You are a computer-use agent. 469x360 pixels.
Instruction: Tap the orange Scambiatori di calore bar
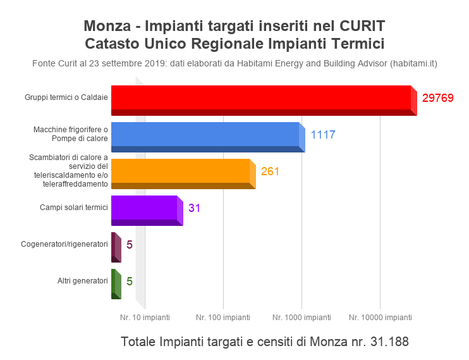tap(181, 171)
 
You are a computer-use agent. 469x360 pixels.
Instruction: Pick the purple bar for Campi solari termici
tap(145, 208)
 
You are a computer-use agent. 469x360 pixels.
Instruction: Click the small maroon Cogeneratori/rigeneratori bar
tap(115, 245)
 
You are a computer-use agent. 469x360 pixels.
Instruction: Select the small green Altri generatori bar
tap(115, 282)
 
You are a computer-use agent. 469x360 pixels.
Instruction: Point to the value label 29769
tap(438, 98)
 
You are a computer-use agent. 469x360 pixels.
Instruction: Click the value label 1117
tap(322, 135)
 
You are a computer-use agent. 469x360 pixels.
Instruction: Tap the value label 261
tap(270, 171)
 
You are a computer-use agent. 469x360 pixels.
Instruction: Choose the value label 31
tap(194, 208)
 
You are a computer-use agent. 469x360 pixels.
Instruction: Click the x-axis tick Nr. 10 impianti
tap(145, 317)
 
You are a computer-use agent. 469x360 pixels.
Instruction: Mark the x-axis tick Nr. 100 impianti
tap(223, 317)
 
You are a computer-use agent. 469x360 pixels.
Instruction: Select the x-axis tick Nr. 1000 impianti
tap(301, 317)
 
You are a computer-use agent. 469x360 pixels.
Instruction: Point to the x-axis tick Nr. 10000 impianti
tap(380, 317)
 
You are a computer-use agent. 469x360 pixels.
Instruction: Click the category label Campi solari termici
tap(74, 207)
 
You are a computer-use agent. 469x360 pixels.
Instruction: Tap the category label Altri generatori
tap(83, 280)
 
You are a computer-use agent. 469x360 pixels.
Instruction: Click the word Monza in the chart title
tap(104, 27)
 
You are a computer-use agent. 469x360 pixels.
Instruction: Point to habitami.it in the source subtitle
tap(413, 63)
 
